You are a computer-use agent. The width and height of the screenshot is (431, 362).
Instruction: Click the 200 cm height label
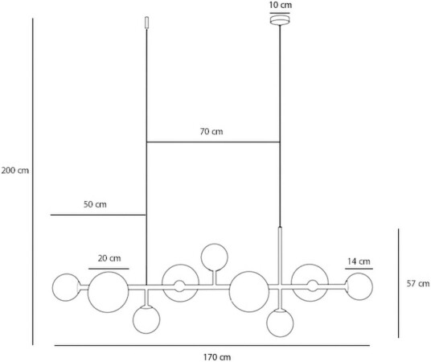click(x=15, y=171)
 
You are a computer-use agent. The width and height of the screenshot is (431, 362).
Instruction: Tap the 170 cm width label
click(x=217, y=357)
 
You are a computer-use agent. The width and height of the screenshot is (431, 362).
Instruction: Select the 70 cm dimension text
click(x=211, y=131)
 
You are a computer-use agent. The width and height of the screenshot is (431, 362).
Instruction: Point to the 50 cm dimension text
click(x=95, y=204)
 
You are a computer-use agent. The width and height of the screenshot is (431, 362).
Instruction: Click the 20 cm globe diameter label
click(x=109, y=258)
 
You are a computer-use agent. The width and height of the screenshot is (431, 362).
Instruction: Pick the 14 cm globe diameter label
click(x=359, y=261)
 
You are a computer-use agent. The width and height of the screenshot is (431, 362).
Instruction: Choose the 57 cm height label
click(x=418, y=283)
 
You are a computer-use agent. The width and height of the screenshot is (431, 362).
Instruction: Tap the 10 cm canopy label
click(x=281, y=5)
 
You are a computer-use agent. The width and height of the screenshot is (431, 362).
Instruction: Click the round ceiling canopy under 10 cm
click(x=280, y=20)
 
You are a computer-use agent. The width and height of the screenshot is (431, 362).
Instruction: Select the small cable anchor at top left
click(x=147, y=23)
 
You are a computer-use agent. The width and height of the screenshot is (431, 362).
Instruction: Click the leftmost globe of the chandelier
click(x=66, y=287)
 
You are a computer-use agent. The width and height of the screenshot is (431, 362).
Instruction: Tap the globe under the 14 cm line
click(x=359, y=286)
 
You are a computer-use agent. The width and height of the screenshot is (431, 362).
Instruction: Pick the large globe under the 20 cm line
click(x=108, y=292)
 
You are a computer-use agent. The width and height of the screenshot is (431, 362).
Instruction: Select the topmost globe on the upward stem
click(x=215, y=257)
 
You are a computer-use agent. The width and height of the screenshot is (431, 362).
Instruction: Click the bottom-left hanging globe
click(x=146, y=319)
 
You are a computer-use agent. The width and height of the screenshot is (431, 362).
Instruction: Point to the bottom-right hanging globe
click(x=280, y=323)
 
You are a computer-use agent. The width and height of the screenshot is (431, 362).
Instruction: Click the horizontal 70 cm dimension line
click(x=213, y=142)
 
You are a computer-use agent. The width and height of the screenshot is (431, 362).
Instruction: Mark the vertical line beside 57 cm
click(x=399, y=283)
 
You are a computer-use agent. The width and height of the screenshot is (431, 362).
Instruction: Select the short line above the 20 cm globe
click(x=109, y=269)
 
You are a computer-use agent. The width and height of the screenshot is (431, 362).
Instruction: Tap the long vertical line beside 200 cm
click(x=33, y=182)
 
